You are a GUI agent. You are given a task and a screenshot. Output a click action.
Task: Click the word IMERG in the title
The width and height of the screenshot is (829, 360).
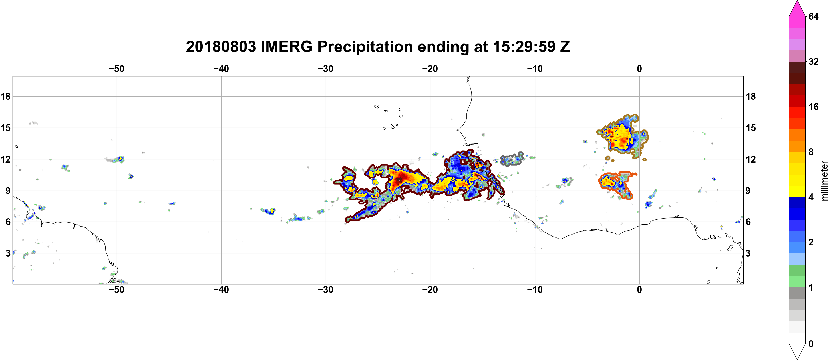point(286,47)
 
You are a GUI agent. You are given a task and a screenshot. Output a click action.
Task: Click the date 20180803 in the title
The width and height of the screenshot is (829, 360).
point(221,47)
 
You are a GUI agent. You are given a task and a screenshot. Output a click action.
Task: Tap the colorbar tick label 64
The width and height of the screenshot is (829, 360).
point(813,16)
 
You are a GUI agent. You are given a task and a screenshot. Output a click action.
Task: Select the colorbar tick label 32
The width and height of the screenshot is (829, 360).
point(813,61)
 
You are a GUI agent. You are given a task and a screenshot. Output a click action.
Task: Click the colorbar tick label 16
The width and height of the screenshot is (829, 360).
point(813,107)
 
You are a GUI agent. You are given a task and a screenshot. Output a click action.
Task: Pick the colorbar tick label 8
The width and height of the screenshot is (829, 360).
point(811,152)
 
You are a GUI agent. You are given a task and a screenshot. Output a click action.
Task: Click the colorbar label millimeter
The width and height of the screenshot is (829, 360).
point(824,181)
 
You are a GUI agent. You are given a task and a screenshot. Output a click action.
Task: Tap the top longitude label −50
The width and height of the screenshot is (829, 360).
point(116,69)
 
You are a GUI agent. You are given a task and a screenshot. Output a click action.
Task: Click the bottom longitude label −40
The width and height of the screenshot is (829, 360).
point(221,289)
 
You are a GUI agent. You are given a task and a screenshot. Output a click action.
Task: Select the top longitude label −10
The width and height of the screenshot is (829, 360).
point(535,69)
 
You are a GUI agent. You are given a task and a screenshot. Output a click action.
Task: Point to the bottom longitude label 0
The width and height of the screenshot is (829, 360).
point(639,289)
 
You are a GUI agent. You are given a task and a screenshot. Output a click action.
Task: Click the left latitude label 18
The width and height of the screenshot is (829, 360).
point(5,96)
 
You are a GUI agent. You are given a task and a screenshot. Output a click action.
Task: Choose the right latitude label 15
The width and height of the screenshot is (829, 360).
point(751,128)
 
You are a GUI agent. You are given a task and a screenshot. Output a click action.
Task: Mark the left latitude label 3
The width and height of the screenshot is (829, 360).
point(8,253)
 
